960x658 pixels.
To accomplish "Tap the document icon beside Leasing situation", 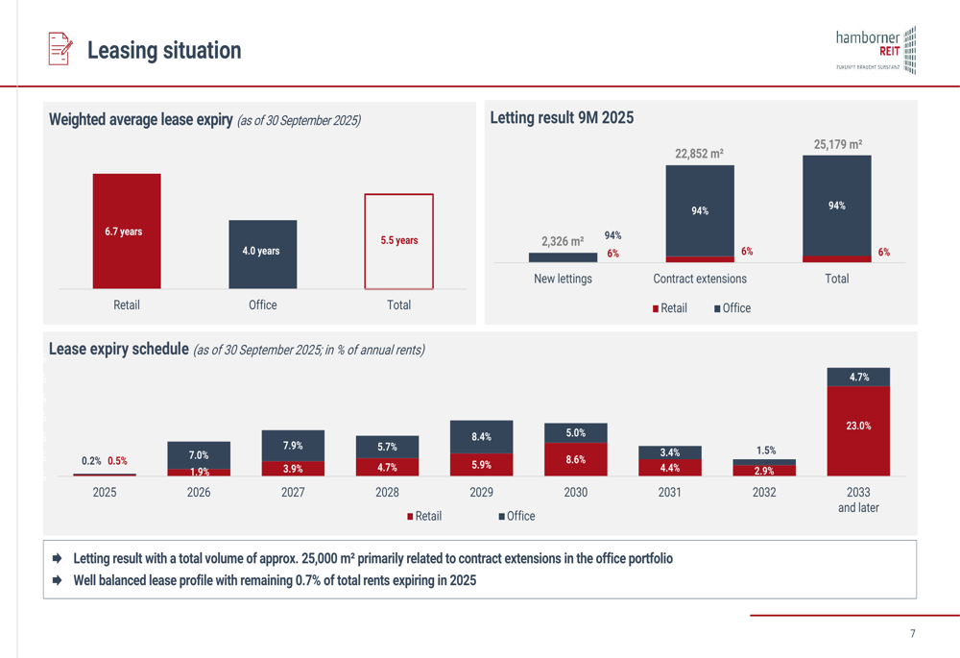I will [60, 49].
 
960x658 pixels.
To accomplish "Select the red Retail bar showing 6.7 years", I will [127, 232].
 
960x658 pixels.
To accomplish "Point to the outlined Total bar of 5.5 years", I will [398, 241].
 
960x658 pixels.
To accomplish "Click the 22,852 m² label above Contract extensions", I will [699, 154].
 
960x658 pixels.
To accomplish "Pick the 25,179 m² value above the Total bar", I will [837, 145].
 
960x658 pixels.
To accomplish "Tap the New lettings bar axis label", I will [563, 279].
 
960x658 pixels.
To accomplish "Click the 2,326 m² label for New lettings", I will [563, 242].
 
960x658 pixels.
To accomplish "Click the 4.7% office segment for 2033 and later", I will [858, 378].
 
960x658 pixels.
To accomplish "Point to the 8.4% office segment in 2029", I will [481, 437].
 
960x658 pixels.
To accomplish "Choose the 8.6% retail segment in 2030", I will [575, 459].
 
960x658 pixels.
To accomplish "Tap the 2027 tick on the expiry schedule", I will [293, 492].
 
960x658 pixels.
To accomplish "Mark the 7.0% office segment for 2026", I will [199, 455].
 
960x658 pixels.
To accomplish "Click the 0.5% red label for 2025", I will [117, 461].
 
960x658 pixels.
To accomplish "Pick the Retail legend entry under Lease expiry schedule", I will [423, 516].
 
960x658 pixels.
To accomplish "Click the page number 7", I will [912, 634].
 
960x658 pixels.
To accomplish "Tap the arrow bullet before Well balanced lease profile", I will [58, 580].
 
